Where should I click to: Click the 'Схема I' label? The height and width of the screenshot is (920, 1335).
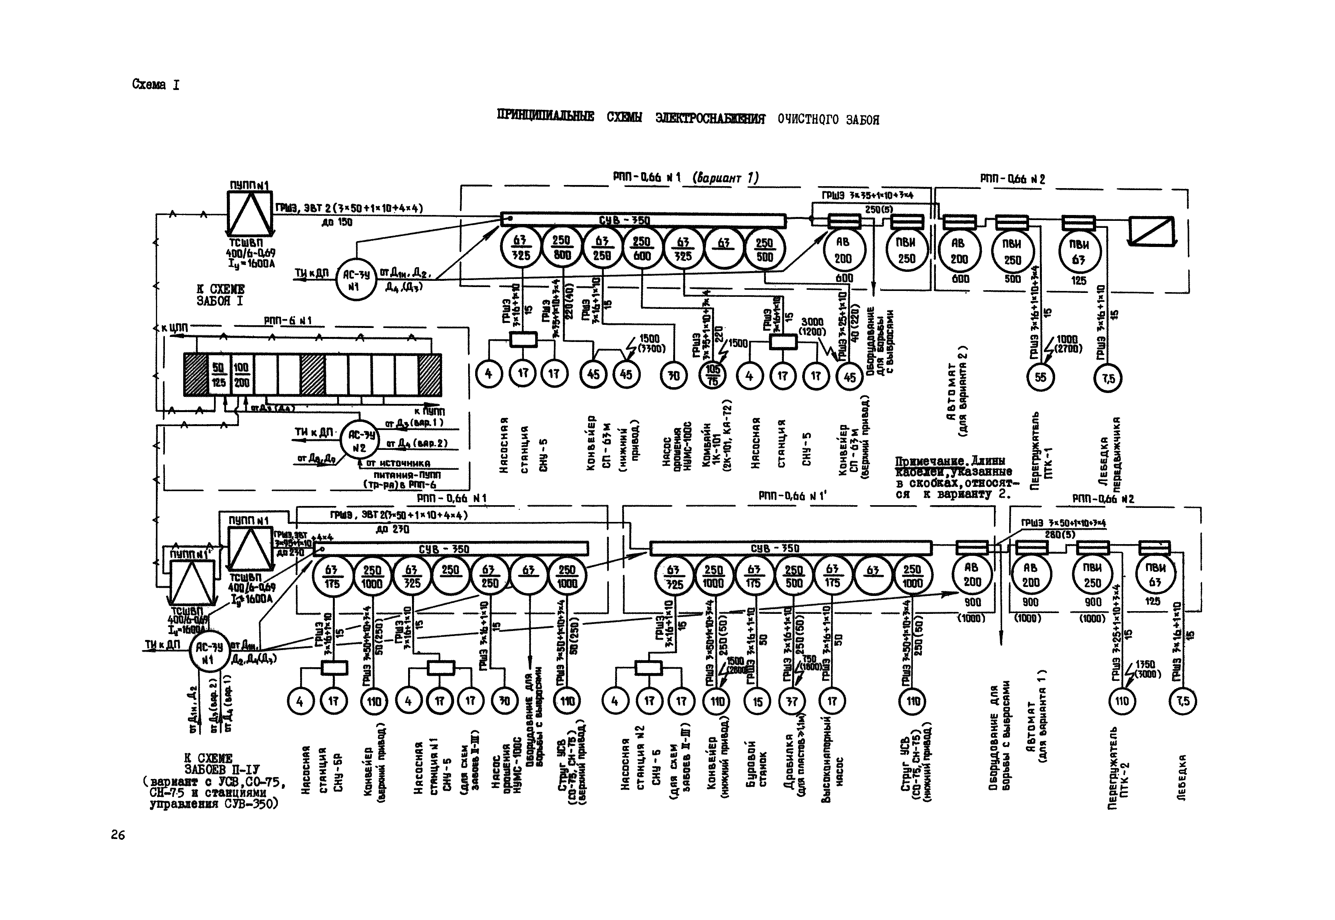155,85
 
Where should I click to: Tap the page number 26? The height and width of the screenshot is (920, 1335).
118,835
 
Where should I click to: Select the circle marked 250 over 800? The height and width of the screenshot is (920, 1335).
561,248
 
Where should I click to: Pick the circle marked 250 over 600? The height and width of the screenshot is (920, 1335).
642,248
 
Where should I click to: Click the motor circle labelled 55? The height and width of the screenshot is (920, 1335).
1041,377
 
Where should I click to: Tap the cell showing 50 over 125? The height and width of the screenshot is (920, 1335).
219,375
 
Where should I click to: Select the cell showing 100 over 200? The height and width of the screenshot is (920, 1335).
241,375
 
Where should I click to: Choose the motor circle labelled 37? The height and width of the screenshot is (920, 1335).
792,701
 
